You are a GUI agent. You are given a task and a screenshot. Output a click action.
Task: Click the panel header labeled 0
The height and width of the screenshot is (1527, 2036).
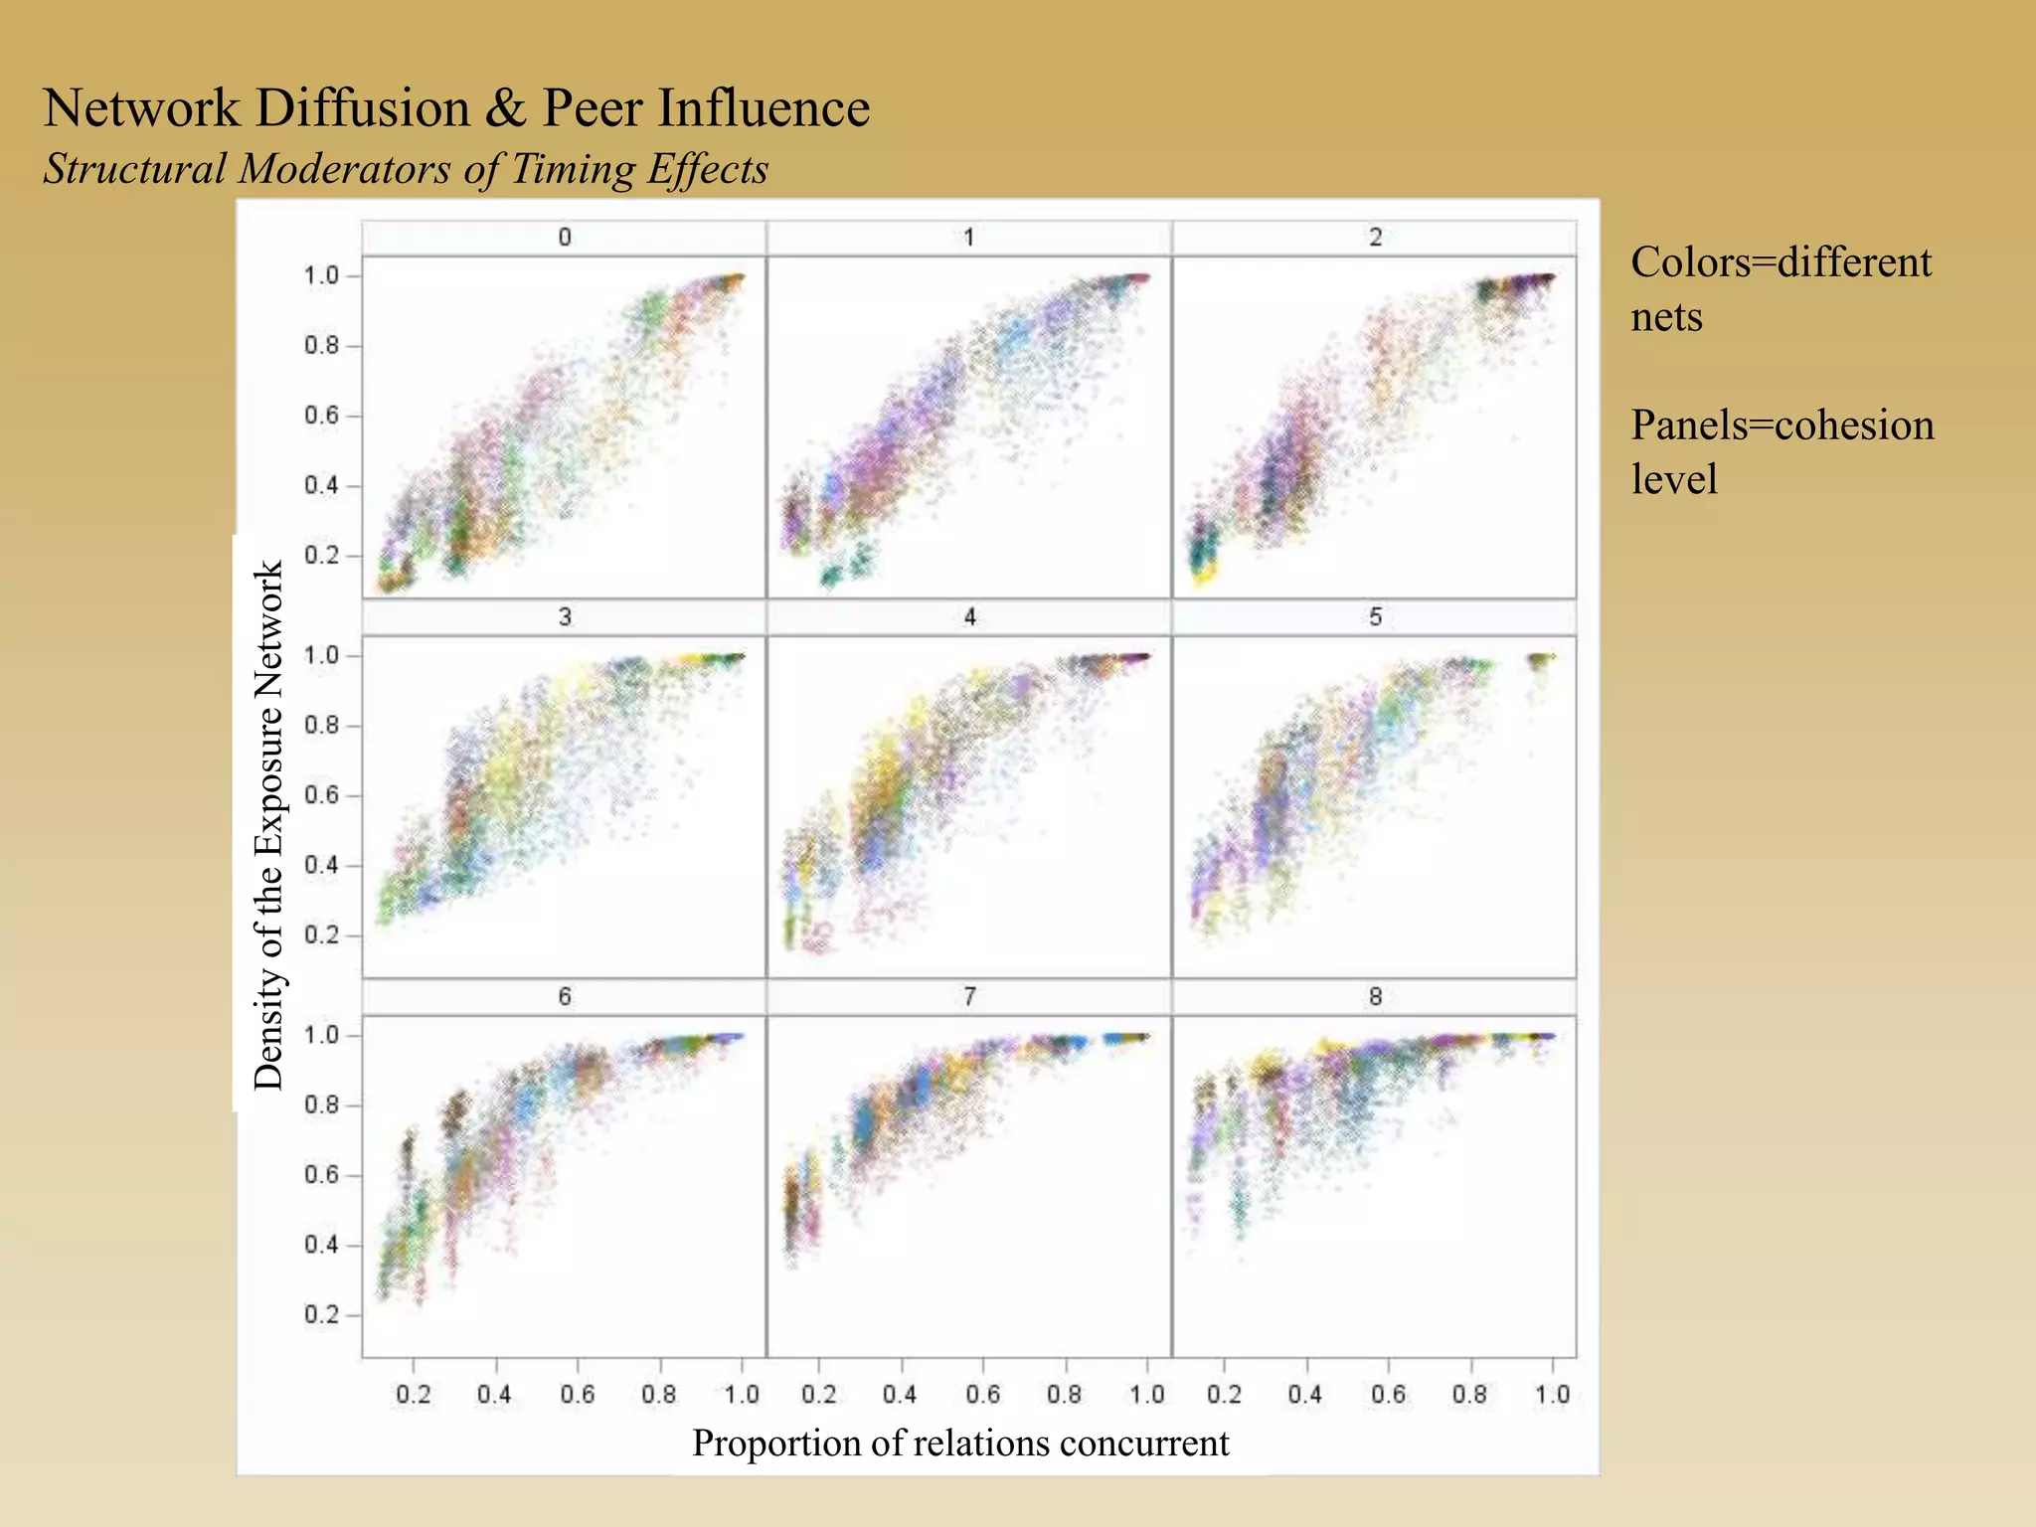pos(565,238)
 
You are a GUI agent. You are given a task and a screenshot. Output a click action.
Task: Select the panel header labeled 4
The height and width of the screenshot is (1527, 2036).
pos(969,617)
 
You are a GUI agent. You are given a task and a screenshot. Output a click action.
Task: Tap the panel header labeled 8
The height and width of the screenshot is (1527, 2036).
pos(1375,997)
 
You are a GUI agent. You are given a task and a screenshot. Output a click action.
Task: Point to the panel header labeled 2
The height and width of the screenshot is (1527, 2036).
pos(1375,238)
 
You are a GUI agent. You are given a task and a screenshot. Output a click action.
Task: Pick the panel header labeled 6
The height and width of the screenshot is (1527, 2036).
pos(565,997)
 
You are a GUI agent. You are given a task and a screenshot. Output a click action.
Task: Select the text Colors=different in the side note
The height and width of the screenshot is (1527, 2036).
pos(1781,263)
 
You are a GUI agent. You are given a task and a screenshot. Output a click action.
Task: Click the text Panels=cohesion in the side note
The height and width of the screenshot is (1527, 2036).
pos(1782,425)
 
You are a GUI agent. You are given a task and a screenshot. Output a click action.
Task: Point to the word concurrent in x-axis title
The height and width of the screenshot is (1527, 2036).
pos(1143,1442)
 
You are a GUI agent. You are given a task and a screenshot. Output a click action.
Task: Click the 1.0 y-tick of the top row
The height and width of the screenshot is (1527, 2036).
pos(321,275)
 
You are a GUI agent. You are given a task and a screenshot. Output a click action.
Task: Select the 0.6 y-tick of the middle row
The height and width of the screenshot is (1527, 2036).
pos(321,795)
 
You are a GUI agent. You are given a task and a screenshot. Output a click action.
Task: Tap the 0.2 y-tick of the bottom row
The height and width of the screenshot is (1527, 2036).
pos(321,1314)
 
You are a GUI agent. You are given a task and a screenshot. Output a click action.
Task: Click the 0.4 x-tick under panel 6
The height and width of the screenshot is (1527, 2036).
pos(494,1395)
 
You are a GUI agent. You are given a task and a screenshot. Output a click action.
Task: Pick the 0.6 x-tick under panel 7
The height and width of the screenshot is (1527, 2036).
pos(982,1395)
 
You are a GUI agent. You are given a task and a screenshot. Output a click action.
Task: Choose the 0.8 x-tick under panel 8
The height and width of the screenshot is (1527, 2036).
pos(1469,1395)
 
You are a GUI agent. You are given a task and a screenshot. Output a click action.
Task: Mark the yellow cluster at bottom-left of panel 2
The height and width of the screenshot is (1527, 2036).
pos(1204,575)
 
